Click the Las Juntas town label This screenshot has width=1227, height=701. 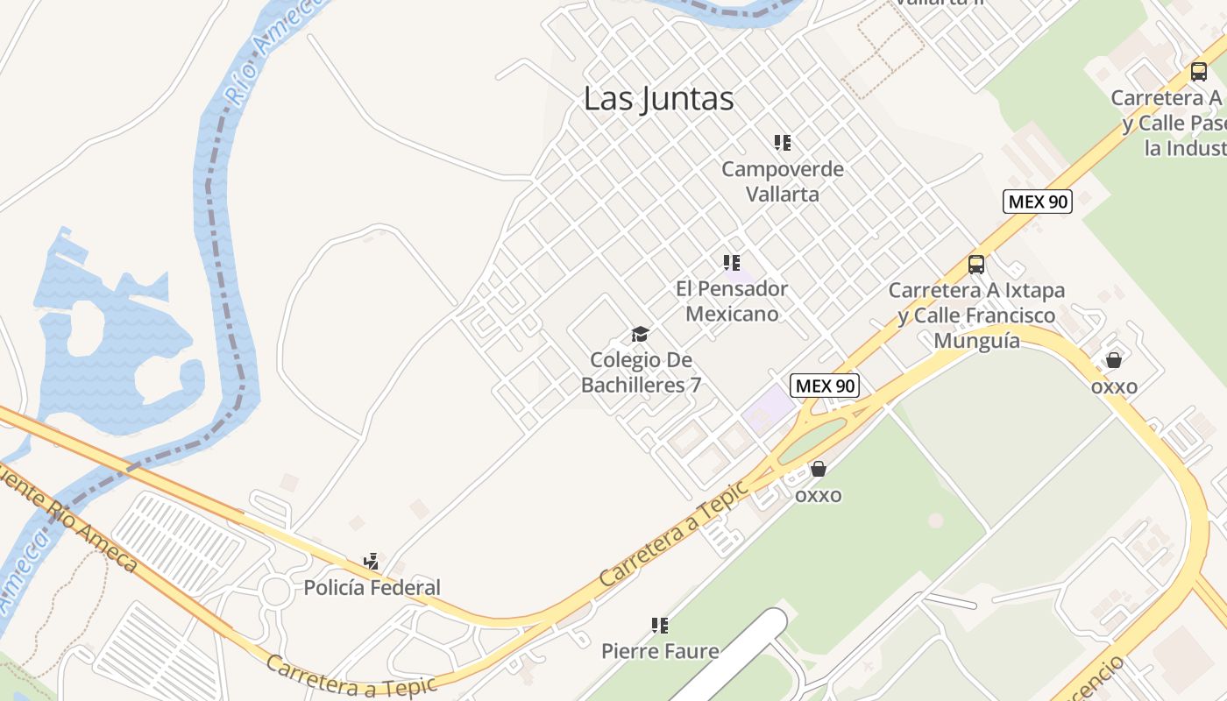(x=658, y=99)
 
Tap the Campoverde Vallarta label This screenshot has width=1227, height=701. (x=782, y=181)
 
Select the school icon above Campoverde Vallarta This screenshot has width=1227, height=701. (x=783, y=142)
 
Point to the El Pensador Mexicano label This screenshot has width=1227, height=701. (x=731, y=301)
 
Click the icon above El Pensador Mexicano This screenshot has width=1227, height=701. (x=732, y=262)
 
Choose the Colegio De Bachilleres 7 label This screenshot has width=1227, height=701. (x=641, y=372)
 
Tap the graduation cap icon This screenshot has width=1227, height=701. (x=641, y=334)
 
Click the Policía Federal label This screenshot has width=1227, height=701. (x=372, y=587)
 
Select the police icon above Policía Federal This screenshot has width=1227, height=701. (x=372, y=561)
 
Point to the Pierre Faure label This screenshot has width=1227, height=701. (x=659, y=651)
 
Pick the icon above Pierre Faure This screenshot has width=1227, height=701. (x=660, y=626)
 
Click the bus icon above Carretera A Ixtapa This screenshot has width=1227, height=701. (x=976, y=264)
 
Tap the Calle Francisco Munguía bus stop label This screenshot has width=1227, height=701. (x=976, y=315)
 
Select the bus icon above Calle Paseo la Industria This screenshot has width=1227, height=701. (x=1198, y=72)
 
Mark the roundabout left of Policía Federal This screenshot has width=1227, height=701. (x=276, y=592)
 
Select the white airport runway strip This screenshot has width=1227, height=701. (x=736, y=657)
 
